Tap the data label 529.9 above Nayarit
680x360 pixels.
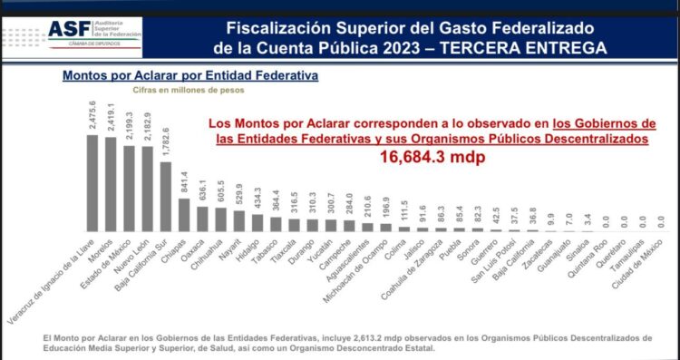coord(239,198)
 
